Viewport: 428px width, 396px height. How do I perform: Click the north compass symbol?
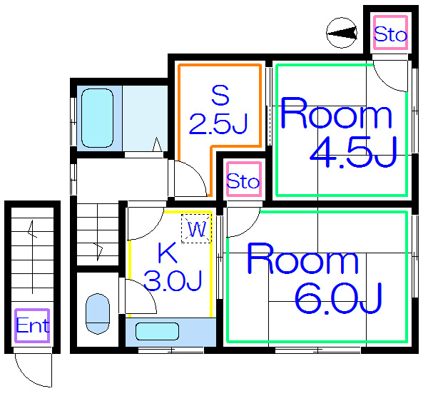(x=342, y=33)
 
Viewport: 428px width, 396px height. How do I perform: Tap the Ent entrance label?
(x=33, y=325)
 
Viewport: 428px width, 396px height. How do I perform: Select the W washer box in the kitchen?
(x=197, y=229)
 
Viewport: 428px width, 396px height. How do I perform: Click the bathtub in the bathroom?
(x=98, y=118)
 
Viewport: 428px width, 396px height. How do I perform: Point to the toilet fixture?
(x=98, y=314)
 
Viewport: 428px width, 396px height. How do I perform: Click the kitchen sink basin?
(x=157, y=331)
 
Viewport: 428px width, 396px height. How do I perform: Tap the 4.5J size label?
(x=354, y=152)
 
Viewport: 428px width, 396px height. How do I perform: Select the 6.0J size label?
(x=338, y=298)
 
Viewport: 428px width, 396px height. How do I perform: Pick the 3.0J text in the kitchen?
(x=173, y=280)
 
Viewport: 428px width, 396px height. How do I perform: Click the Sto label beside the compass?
(x=390, y=34)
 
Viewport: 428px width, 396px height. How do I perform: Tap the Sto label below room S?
(x=243, y=181)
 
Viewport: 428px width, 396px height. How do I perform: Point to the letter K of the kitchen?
(x=168, y=253)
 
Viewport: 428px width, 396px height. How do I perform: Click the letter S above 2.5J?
(x=220, y=95)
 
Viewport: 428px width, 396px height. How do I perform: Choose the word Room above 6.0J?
(x=302, y=258)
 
